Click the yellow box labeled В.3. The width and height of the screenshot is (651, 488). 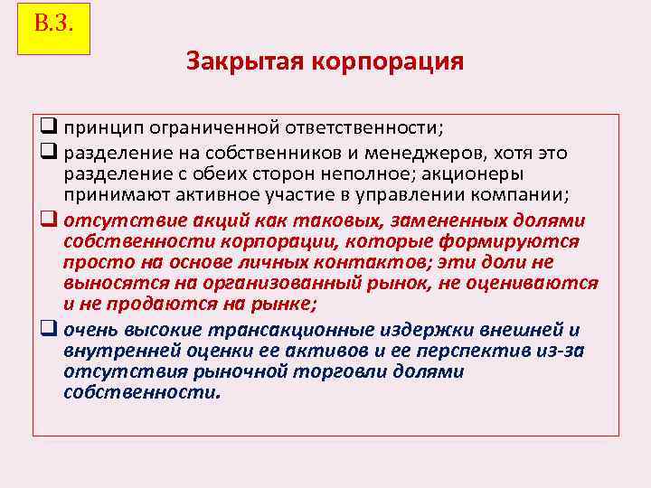[x=53, y=28]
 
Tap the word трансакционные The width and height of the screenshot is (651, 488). [x=316, y=329]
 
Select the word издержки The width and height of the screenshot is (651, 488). [x=452, y=329]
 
